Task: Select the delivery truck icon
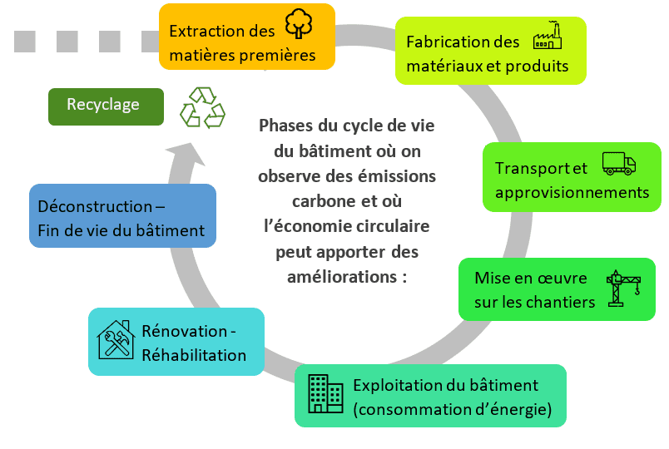618,163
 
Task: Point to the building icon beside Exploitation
325,393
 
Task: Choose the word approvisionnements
572,192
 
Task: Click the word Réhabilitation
194,355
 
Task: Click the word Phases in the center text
287,126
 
